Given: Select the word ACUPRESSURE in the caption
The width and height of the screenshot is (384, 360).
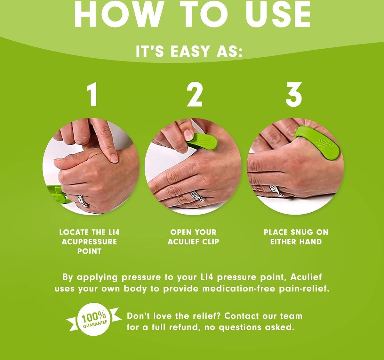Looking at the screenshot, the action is click(x=89, y=242).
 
